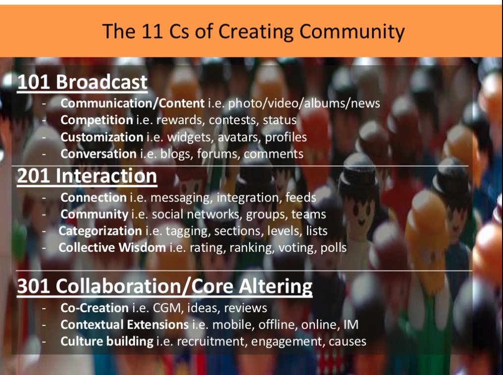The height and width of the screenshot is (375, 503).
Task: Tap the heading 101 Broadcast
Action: [82, 82]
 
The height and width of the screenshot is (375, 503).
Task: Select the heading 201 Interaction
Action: [87, 176]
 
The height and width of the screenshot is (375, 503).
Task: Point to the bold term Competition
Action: [97, 120]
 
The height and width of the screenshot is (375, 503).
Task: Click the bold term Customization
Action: [101, 137]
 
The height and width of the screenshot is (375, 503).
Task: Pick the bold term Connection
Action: [94, 197]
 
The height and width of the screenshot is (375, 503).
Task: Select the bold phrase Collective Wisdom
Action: [112, 247]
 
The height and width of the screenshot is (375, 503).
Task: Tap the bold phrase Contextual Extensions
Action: [124, 325]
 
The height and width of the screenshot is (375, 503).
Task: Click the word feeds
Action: [302, 197]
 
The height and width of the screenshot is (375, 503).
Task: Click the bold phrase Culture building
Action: [107, 341]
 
